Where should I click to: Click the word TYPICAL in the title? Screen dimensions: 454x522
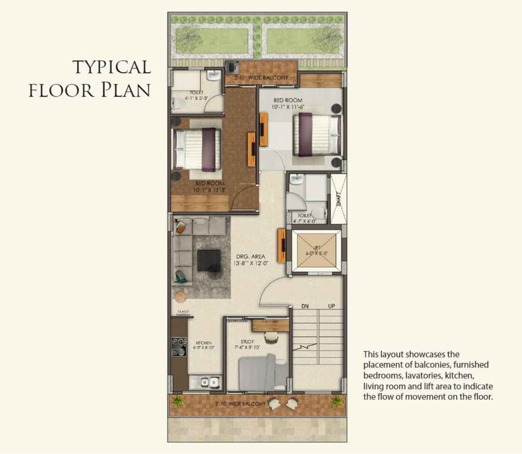coord(111,67)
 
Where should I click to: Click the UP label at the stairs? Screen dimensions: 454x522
coord(331,306)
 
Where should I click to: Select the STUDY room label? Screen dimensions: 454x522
coord(248,341)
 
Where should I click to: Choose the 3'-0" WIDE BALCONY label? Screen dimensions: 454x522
coord(262,78)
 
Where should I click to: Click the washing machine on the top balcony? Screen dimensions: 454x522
coord(234,67)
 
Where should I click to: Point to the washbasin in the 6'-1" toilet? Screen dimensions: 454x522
coord(214,76)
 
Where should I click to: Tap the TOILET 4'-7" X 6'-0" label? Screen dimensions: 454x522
coord(304,218)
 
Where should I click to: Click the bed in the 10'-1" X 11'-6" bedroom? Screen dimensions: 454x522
coord(317,134)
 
